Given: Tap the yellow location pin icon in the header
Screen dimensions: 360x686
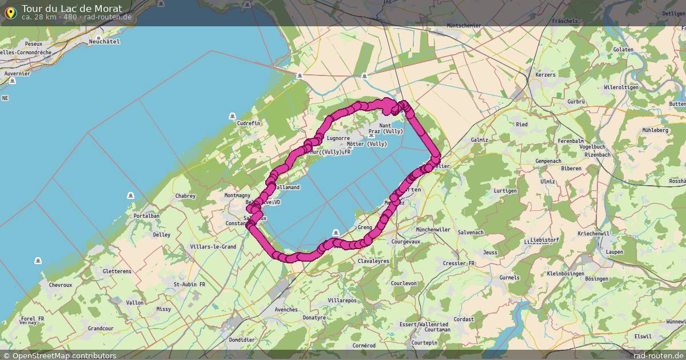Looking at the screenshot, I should (x=10, y=12).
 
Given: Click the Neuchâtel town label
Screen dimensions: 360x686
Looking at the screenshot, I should (x=104, y=42).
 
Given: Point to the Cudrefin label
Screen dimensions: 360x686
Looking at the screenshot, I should (x=249, y=123).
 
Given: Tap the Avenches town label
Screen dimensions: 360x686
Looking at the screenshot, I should (x=286, y=310).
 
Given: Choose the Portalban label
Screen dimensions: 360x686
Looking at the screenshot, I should (x=146, y=216).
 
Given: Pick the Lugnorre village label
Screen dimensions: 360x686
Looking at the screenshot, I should (x=337, y=138).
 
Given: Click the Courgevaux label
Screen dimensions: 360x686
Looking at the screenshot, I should (x=406, y=242).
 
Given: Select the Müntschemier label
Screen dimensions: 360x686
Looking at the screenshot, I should (x=464, y=26).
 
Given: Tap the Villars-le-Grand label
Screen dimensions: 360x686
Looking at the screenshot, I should (x=213, y=247).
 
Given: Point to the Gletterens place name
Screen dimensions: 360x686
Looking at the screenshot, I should (x=118, y=271).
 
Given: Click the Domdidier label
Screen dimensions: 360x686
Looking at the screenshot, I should (x=241, y=339).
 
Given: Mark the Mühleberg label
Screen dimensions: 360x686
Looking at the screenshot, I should (x=655, y=130).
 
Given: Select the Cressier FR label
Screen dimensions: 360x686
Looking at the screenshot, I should (x=458, y=263).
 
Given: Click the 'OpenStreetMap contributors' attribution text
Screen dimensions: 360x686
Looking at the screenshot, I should (x=64, y=355).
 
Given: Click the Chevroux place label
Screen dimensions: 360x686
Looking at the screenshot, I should (x=60, y=285).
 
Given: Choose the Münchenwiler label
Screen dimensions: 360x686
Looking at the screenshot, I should (x=433, y=229).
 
